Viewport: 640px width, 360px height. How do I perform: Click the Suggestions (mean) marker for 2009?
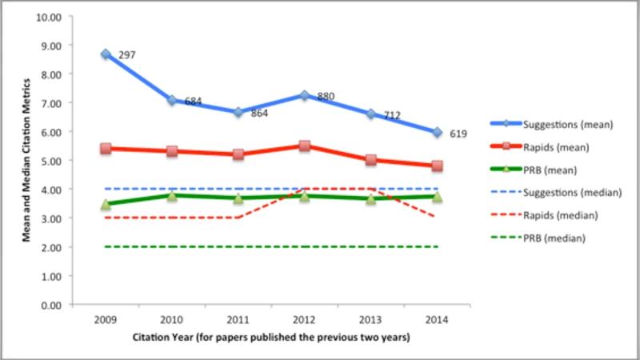(106, 54)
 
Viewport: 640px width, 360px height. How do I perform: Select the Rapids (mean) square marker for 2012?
(304, 146)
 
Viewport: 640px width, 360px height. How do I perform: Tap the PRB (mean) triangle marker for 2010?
(172, 195)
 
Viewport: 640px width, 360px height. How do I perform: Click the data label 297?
(127, 55)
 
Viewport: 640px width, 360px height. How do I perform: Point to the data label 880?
(325, 97)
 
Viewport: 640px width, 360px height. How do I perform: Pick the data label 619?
(458, 134)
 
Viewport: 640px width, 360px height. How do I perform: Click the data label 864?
(258, 114)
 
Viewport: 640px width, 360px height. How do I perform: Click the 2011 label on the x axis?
(238, 318)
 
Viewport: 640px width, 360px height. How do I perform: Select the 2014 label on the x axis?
(437, 318)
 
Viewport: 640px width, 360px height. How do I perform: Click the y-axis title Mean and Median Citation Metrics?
(27, 160)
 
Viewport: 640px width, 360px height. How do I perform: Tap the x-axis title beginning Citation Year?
(271, 338)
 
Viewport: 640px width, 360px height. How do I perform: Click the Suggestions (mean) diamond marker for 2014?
(437, 132)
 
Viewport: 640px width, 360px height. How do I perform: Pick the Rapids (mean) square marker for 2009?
(106, 148)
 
